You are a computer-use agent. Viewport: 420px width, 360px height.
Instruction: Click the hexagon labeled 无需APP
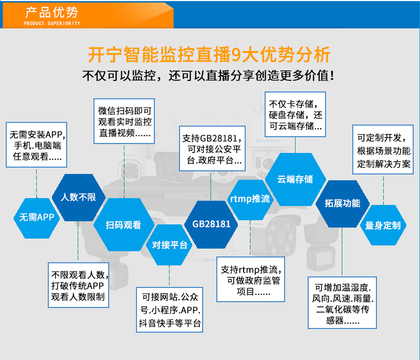(37, 218)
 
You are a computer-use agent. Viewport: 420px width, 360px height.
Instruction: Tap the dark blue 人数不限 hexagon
(78, 197)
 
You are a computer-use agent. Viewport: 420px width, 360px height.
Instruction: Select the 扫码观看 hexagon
(123, 224)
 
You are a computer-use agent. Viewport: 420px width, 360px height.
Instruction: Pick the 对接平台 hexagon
(169, 245)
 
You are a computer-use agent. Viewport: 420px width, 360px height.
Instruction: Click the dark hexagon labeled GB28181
(211, 224)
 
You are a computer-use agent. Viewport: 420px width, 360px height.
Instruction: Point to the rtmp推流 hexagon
(250, 199)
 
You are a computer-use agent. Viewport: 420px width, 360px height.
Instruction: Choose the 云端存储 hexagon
(296, 179)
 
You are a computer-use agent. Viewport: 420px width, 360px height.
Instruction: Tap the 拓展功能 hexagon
(342, 204)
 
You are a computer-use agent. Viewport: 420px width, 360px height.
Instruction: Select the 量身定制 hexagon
(383, 225)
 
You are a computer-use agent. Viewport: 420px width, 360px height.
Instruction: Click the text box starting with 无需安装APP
(36, 145)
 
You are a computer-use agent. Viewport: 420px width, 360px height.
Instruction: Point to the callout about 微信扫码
(124, 121)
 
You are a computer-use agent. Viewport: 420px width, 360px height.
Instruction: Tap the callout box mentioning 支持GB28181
(212, 149)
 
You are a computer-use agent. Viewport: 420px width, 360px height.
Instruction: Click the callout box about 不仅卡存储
(295, 115)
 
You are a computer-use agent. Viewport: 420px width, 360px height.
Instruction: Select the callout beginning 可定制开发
(383, 150)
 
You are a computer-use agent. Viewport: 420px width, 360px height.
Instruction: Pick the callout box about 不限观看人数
(78, 285)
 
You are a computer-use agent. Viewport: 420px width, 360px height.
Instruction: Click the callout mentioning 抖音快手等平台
(170, 310)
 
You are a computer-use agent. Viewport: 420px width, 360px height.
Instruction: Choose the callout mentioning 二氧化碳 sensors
(342, 303)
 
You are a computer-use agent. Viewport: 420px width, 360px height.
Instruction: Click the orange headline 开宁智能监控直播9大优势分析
(209, 55)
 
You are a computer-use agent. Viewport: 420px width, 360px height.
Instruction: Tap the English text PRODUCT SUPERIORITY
(52, 23)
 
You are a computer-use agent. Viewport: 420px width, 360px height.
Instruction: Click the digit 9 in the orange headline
(236, 55)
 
